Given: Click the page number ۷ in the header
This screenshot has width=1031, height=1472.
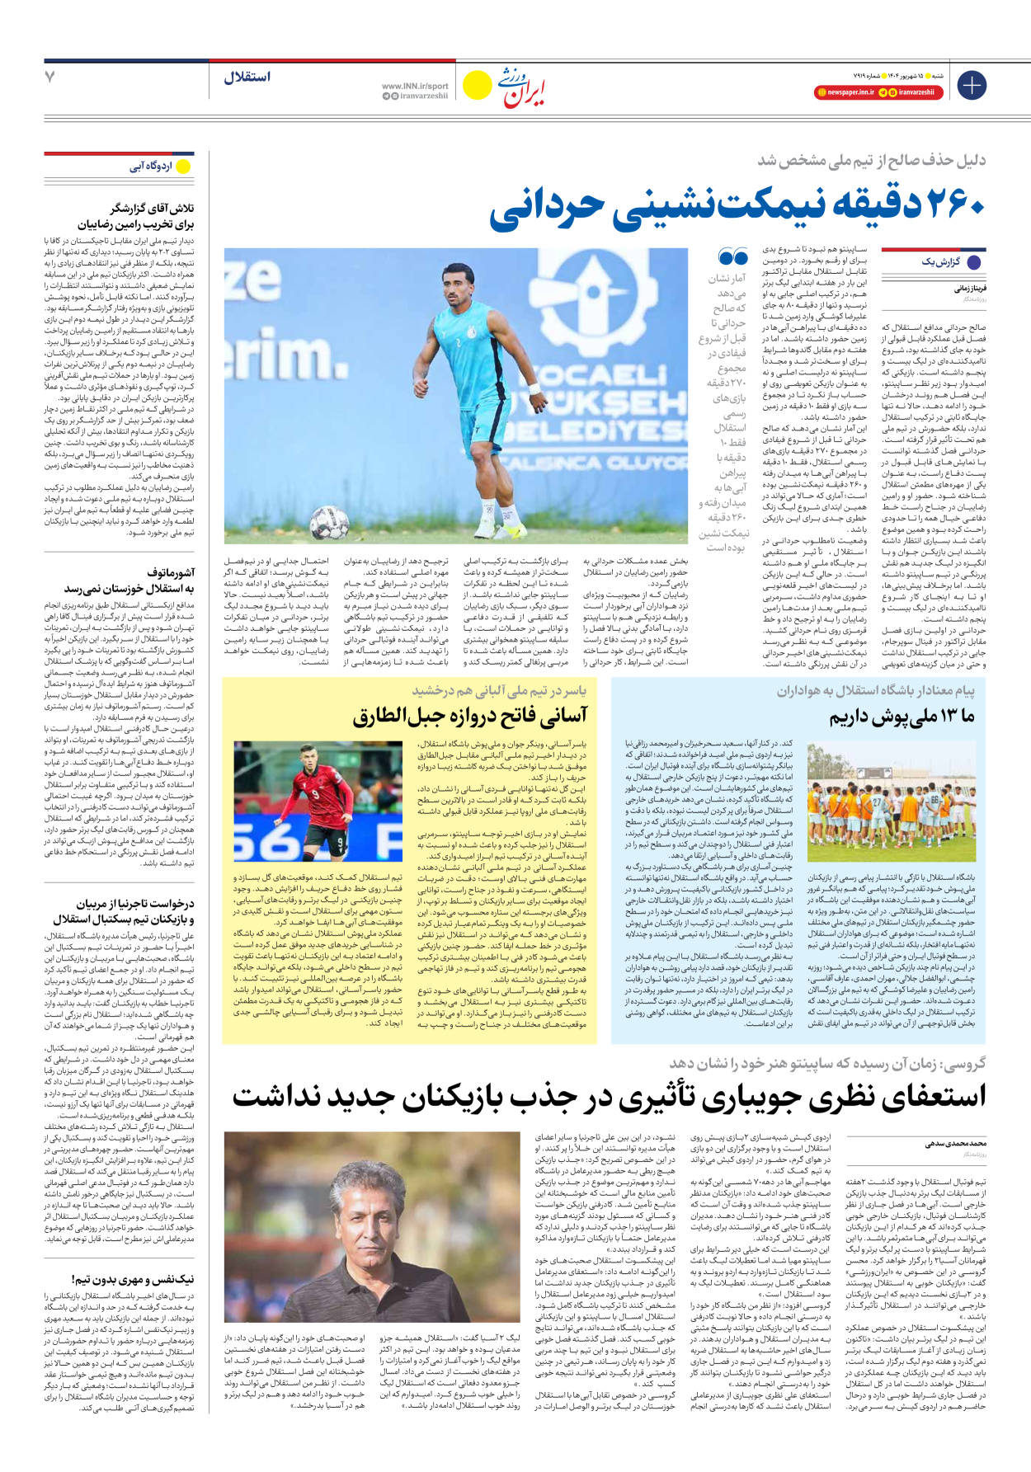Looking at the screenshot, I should [50, 77].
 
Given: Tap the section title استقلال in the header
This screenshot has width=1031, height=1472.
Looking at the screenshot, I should [247, 77].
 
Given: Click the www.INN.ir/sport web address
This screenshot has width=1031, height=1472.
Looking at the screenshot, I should [415, 86].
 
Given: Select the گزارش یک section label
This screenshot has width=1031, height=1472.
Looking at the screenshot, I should [940, 262].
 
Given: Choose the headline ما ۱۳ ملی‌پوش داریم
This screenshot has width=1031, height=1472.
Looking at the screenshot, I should [902, 716].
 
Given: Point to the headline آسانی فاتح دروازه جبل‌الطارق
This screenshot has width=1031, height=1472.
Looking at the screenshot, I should [470, 716].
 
